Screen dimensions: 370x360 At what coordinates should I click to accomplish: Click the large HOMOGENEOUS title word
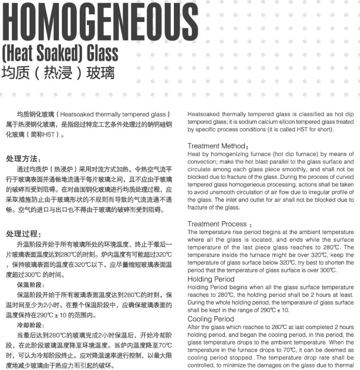coord(100,22)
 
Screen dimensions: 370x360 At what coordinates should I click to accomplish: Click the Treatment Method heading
coord(217,146)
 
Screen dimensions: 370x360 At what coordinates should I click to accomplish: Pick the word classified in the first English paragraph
coord(291,114)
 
